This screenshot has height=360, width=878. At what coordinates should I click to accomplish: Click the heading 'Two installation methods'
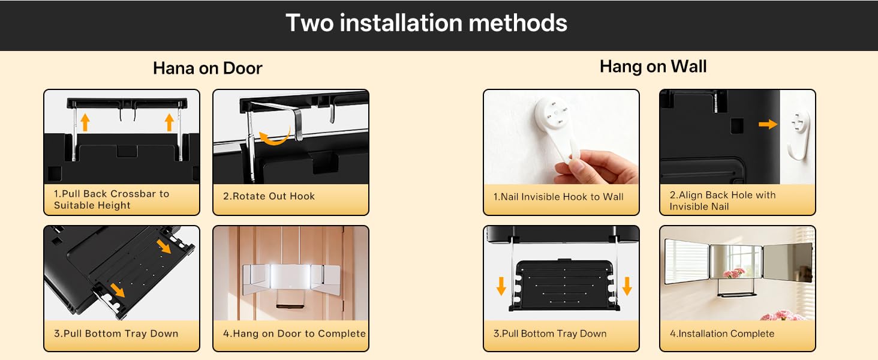(426, 23)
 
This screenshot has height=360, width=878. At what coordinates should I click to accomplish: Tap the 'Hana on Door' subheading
(208, 68)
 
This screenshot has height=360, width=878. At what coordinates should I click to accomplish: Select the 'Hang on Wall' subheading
(654, 66)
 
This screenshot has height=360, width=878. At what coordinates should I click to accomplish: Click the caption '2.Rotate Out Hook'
(269, 196)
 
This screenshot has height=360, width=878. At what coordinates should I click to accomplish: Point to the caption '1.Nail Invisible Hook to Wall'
(558, 196)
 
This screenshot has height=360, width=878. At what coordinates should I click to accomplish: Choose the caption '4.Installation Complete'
(722, 334)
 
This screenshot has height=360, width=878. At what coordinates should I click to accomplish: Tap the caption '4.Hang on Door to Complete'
(294, 334)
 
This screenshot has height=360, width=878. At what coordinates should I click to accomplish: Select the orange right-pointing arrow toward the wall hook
(768, 124)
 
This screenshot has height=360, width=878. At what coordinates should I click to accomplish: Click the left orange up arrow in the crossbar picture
(85, 122)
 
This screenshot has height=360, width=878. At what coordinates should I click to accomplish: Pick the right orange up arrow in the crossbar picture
(169, 122)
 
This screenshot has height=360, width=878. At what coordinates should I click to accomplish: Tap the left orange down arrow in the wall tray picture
(501, 286)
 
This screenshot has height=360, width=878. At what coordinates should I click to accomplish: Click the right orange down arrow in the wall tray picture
(627, 286)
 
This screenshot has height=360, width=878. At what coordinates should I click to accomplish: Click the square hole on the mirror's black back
(737, 126)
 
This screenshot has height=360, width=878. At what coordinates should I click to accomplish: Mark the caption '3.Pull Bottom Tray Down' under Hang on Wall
(549, 334)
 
